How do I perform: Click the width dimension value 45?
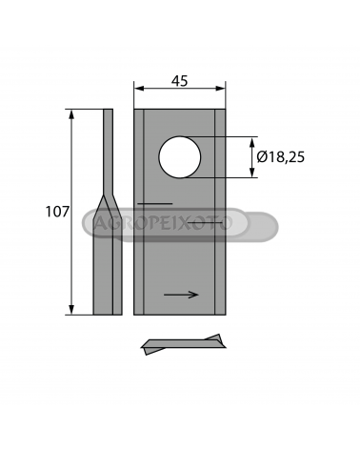pyautogui.click(x=180, y=81)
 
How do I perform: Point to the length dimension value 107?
pyautogui.click(x=57, y=212)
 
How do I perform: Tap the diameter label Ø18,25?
pyautogui.click(x=281, y=157)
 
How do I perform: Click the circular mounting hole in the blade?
pyautogui.click(x=180, y=157)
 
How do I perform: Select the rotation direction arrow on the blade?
pyautogui.click(x=181, y=295)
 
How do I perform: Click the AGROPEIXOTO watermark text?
pyautogui.click(x=163, y=223)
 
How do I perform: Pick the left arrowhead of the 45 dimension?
pyautogui.click(x=139, y=89)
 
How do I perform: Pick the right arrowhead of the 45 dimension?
pyautogui.click(x=221, y=89)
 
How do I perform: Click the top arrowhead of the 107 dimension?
pyautogui.click(x=71, y=114)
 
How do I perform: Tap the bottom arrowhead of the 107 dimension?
pyautogui.click(x=71, y=310)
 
